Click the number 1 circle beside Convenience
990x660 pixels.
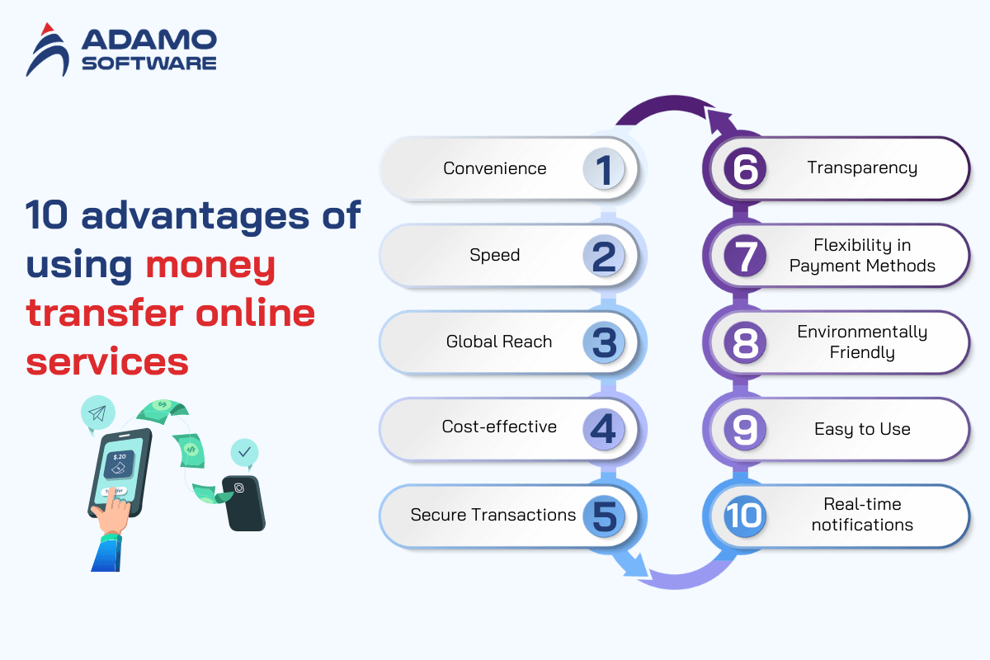[x=604, y=169]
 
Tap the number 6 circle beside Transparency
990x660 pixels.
[x=745, y=169]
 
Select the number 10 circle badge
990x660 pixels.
[x=745, y=516]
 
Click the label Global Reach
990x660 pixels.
[x=499, y=342]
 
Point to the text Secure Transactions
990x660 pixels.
[x=493, y=515]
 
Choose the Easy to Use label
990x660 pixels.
[x=862, y=429]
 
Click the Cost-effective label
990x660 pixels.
[x=499, y=427]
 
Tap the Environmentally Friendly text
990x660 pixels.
[x=862, y=342]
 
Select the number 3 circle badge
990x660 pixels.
[x=604, y=342]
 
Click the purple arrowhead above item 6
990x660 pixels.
[x=720, y=121]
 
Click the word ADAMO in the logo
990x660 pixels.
[x=149, y=40]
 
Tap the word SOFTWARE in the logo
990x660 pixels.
[x=149, y=64]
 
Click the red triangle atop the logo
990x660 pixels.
[x=47, y=29]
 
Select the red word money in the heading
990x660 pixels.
[x=210, y=265]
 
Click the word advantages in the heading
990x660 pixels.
[x=196, y=215]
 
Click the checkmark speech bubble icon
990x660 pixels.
[x=244, y=453]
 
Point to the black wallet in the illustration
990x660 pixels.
[x=244, y=503]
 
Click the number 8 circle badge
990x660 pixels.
[x=745, y=342]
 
